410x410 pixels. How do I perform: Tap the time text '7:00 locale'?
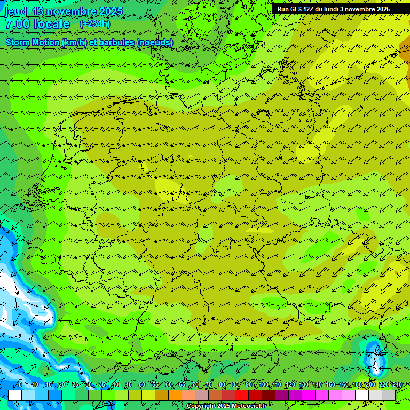(x=37, y=25)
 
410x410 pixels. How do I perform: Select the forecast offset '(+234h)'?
(x=94, y=24)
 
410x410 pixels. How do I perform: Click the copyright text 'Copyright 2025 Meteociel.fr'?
(x=226, y=406)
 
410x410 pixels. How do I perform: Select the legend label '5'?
(x=20, y=384)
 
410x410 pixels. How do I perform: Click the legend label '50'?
(x=142, y=384)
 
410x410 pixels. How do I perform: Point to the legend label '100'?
(x=263, y=384)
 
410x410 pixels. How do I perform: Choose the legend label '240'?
(x=397, y=384)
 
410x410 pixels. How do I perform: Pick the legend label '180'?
(x=357, y=384)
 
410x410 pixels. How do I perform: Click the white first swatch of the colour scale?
(x=15, y=395)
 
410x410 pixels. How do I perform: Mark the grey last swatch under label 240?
(x=389, y=395)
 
